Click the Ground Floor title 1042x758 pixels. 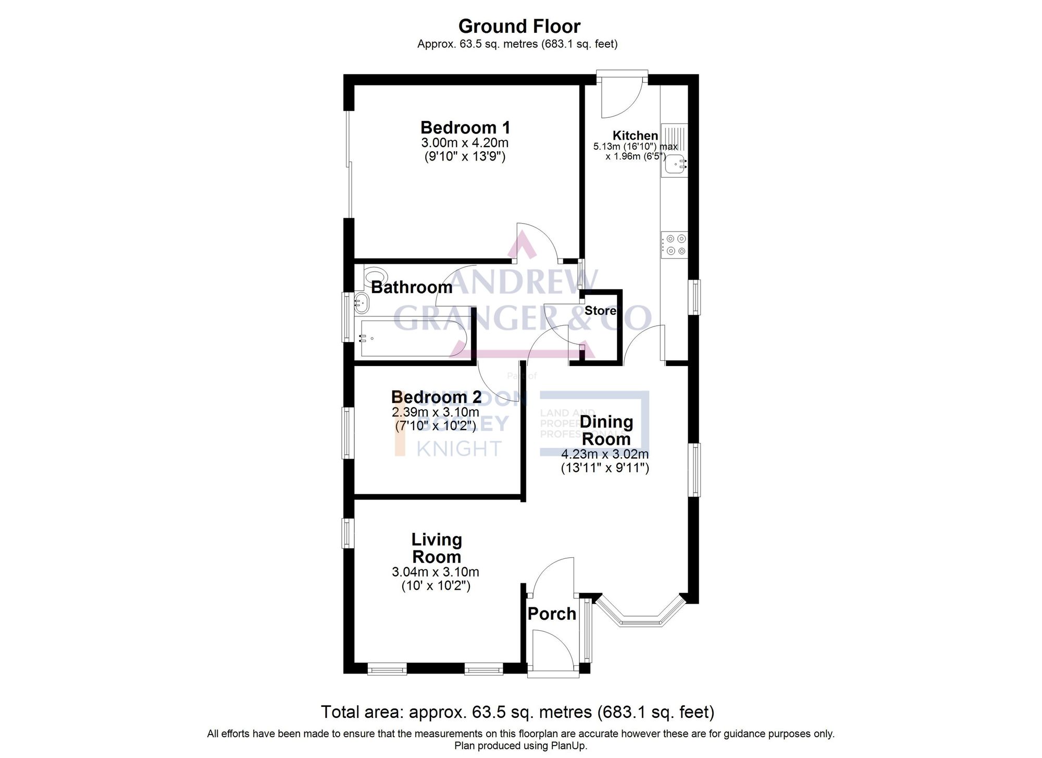coord(519,26)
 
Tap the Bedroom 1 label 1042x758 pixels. coord(465,127)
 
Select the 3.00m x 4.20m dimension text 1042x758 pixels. coord(465,143)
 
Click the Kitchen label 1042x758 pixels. coord(635,136)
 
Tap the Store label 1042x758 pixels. coord(600,311)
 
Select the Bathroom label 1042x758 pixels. coord(411,287)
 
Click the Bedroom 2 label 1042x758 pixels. coord(436,397)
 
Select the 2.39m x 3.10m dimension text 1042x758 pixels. coord(436,412)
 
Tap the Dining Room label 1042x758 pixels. coord(606,430)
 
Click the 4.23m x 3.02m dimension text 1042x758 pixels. coord(604,454)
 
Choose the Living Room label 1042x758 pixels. coord(436,548)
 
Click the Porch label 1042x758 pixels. coord(551,614)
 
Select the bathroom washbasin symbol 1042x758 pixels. coord(362,301)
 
